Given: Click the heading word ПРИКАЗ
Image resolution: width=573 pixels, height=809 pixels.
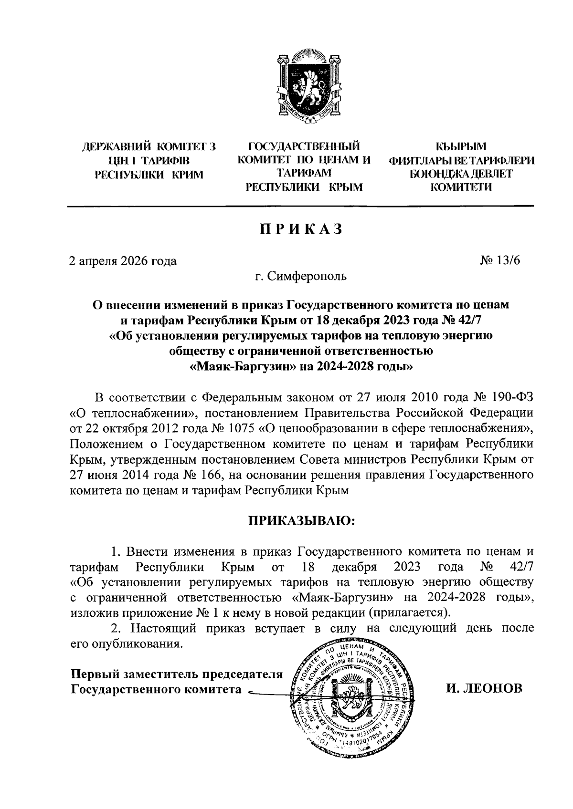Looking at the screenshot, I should tap(300, 229).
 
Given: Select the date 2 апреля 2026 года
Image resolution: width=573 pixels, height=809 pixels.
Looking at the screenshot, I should tap(123, 260).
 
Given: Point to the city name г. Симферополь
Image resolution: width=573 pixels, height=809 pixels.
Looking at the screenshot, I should tap(300, 276).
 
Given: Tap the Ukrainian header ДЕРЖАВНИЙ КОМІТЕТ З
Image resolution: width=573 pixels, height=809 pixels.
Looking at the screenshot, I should tap(149, 147).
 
